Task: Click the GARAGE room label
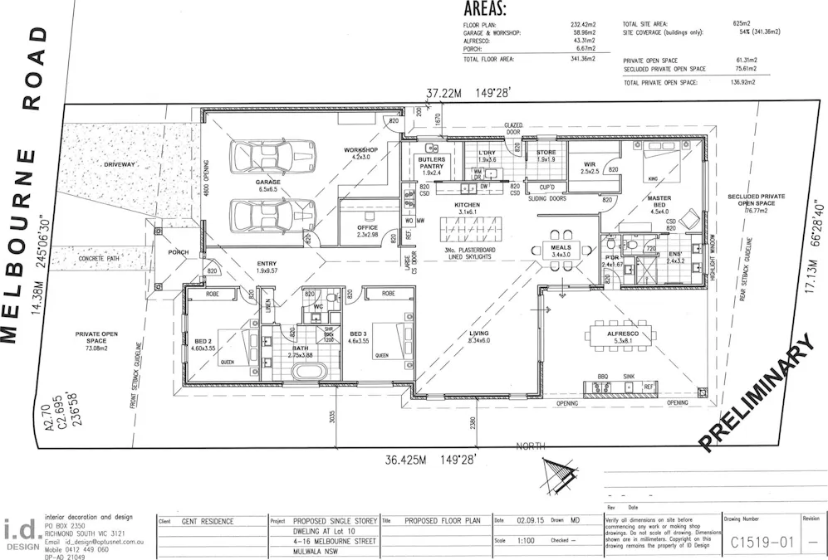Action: (267, 182)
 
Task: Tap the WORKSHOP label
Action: (360, 150)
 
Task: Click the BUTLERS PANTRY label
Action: (431, 163)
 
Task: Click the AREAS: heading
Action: (485, 10)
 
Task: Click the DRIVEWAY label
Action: (119, 165)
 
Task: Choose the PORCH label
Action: (178, 252)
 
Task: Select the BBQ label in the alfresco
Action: (602, 376)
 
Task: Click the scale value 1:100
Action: (524, 540)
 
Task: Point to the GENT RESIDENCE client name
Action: (208, 522)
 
